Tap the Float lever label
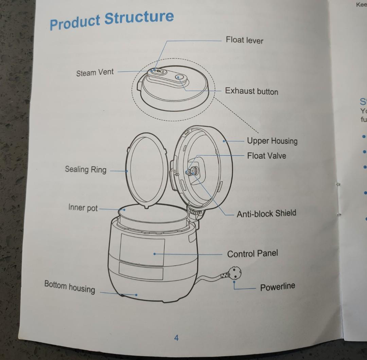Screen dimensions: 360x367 click(244, 40)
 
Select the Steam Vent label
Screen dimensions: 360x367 click(95, 72)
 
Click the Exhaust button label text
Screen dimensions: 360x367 click(251, 91)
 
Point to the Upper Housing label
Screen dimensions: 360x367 click(272, 141)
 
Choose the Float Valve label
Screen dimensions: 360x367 click(266, 156)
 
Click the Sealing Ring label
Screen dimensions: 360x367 click(86, 169)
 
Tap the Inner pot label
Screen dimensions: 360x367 click(83, 207)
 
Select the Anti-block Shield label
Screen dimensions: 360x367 click(266, 213)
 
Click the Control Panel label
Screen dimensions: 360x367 click(252, 254)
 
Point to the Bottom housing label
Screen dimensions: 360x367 click(70, 287)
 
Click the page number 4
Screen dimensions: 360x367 click(176, 338)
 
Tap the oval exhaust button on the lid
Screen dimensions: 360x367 click(179, 78)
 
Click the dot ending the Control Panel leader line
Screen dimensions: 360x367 click(154, 254)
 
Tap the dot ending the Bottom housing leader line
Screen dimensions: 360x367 click(136, 295)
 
